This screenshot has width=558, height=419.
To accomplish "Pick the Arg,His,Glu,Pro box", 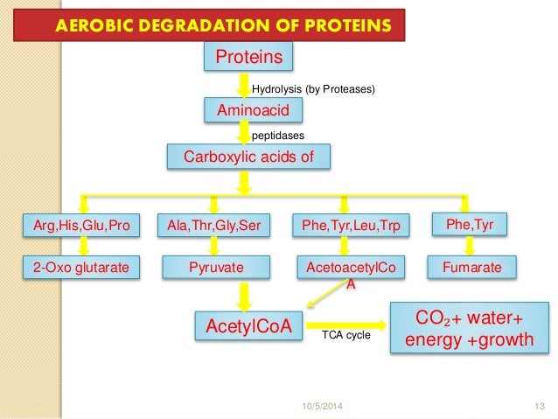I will point(80,227).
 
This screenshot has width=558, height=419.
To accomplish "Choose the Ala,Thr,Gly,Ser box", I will point(213,227).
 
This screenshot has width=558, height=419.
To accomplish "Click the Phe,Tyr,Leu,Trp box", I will point(345,227).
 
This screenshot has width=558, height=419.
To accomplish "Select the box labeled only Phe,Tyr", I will point(470,226).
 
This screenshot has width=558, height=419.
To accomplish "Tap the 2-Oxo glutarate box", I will point(80,268).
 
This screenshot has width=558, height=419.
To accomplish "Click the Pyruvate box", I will point(213,268).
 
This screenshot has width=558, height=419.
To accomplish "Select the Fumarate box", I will point(471,268).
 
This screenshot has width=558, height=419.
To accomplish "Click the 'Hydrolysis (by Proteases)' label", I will point(312,88).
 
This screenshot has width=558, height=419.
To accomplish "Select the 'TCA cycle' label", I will point(346,335).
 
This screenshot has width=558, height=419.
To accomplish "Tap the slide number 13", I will point(538,405).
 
